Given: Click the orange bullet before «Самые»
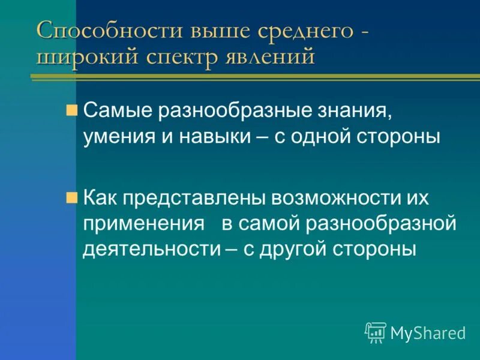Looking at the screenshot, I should click(x=72, y=110).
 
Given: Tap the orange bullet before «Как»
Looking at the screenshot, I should click(x=72, y=197).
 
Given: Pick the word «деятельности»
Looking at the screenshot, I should click(x=152, y=248).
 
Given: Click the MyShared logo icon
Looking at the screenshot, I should click(x=376, y=331).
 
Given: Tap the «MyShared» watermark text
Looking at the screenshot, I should click(x=428, y=332).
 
